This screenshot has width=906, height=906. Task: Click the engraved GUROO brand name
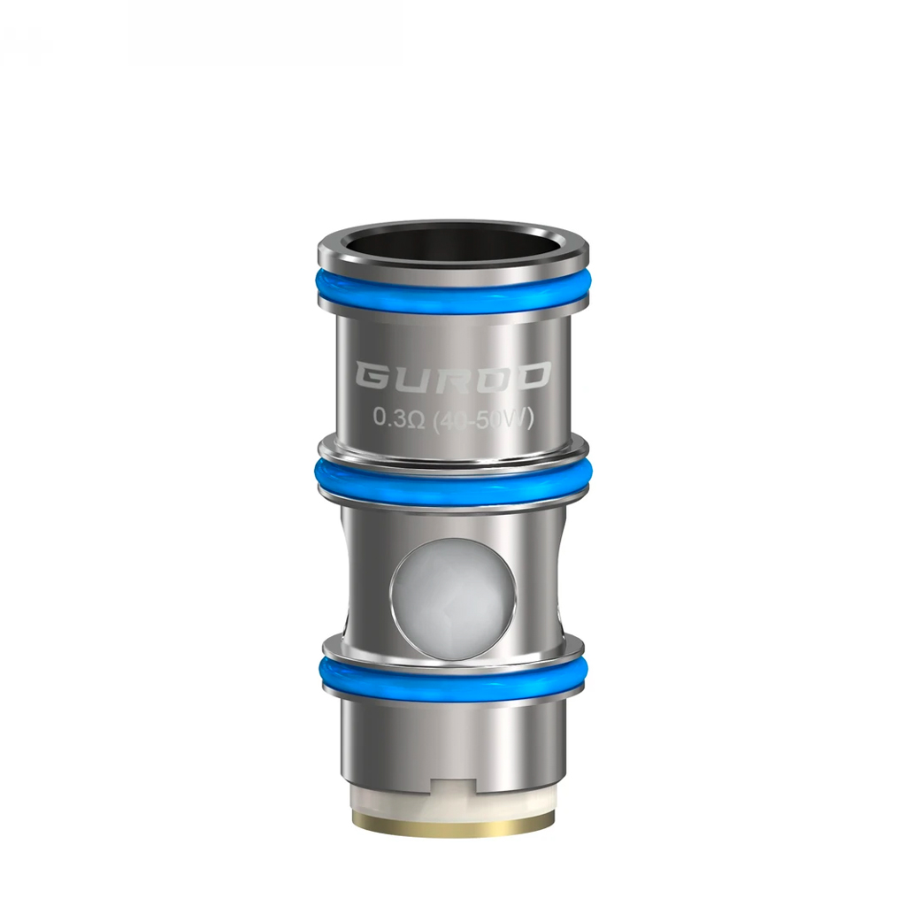coord(452,377)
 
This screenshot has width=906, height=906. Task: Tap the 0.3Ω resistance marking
coord(399,418)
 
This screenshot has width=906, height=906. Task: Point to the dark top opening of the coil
coord(452,242)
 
